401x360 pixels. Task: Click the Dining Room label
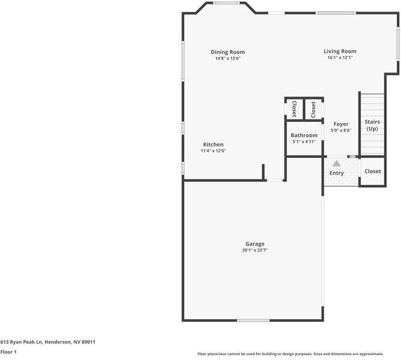click(228, 52)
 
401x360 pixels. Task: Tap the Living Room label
click(340, 52)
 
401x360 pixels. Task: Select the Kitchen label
click(213, 145)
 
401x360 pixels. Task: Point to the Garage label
click(255, 244)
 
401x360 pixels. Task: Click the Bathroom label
click(304, 136)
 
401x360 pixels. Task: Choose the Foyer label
click(341, 124)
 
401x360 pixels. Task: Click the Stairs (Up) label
click(372, 125)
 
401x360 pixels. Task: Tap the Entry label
click(336, 173)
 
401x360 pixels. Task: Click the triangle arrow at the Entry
click(336, 163)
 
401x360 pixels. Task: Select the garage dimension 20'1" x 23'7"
click(255, 250)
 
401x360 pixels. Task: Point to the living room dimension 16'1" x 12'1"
click(340, 58)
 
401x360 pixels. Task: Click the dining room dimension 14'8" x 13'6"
click(228, 59)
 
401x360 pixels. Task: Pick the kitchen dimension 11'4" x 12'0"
click(213, 151)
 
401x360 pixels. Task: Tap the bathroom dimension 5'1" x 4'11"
click(304, 142)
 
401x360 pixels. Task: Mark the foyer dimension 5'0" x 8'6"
click(341, 131)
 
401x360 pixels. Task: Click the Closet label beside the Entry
click(372, 171)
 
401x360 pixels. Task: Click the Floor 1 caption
click(8, 352)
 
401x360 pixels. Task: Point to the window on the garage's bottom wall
click(253, 320)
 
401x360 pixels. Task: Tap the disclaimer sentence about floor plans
click(298, 353)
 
